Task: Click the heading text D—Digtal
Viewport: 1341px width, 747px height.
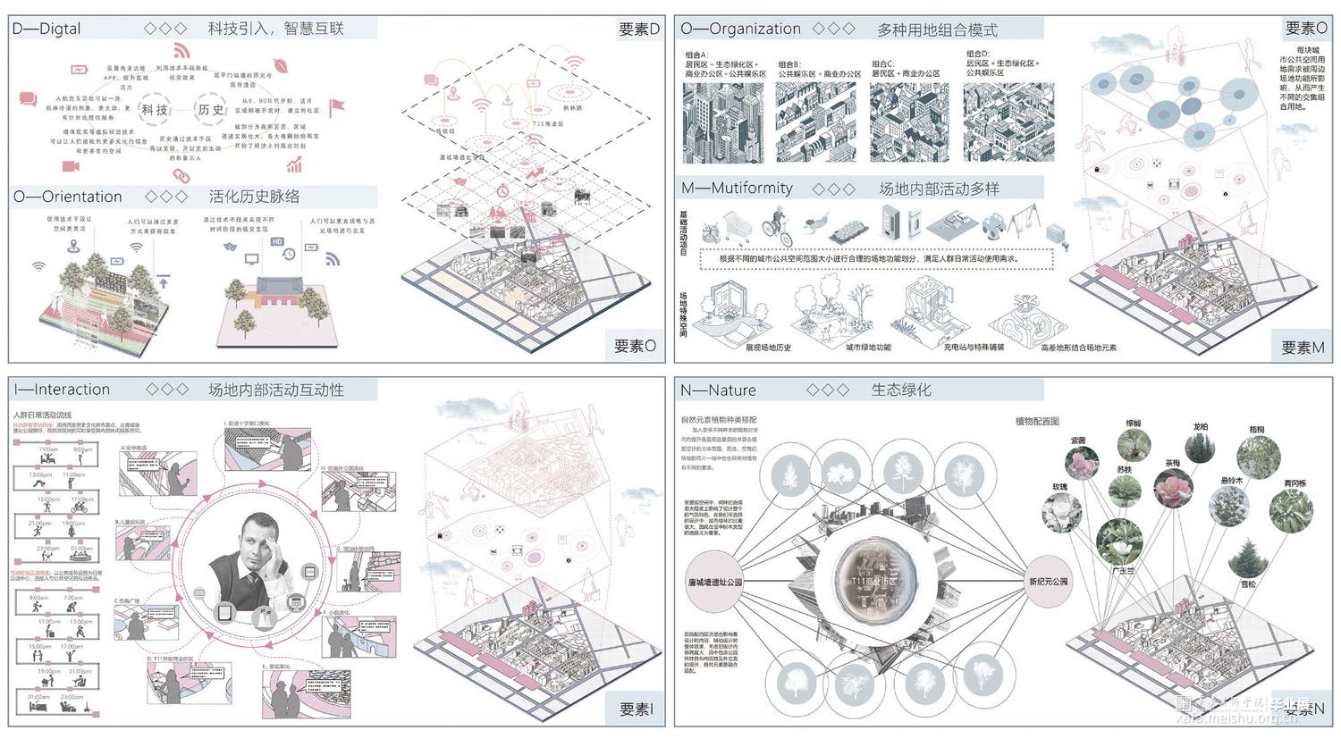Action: [46, 29]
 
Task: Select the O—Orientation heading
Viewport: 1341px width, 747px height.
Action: [68, 197]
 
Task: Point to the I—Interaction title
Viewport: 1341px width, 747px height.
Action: [62, 390]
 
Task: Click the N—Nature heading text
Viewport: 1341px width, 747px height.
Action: [718, 390]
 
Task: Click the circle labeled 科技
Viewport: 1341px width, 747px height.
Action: [155, 109]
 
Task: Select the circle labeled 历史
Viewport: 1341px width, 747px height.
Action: [211, 109]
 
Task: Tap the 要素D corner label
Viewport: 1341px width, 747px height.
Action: [638, 29]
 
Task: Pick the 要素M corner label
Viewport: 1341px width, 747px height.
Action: [1303, 347]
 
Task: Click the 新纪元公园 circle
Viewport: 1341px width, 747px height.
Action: [1048, 582]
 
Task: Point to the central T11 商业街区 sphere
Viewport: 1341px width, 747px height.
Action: [873, 580]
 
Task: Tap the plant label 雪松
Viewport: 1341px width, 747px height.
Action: [1248, 584]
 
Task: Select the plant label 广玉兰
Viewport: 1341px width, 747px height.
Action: [1122, 570]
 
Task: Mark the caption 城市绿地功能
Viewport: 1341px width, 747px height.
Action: [867, 348]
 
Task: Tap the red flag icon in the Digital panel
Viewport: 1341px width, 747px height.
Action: [337, 107]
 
